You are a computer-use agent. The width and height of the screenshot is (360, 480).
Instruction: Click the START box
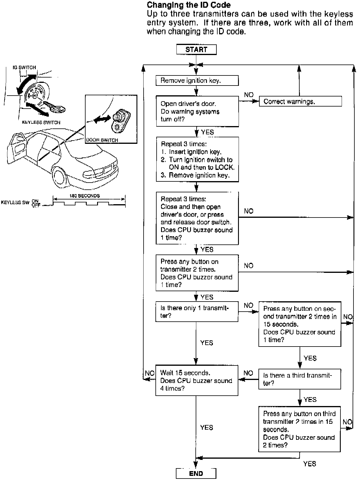196,50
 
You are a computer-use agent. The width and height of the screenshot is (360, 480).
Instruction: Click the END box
196,473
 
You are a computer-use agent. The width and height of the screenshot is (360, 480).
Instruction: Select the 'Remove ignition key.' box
197,80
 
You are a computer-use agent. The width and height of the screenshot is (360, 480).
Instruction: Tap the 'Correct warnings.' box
300,102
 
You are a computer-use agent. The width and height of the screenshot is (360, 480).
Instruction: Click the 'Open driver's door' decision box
197,111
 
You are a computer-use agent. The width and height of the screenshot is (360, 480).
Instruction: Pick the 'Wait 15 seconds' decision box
197,381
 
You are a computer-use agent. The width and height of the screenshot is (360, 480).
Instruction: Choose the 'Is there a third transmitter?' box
300,379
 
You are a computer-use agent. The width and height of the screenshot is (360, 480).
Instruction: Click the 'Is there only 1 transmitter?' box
197,312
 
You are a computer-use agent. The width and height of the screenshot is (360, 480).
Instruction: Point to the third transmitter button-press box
299,429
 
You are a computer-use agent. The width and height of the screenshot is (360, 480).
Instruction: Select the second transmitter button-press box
300,324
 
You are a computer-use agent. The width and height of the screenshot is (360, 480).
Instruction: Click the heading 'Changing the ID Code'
189,5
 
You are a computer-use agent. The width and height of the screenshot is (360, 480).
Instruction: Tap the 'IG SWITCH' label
24,67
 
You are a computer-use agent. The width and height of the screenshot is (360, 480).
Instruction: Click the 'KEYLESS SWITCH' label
41,122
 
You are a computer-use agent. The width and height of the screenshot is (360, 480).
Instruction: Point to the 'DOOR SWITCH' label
102,140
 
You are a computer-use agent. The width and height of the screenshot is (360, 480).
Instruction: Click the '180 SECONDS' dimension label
85,196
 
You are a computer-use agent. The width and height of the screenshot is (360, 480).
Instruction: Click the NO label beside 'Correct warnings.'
249,95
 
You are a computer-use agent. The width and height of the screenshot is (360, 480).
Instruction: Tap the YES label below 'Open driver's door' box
207,132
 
